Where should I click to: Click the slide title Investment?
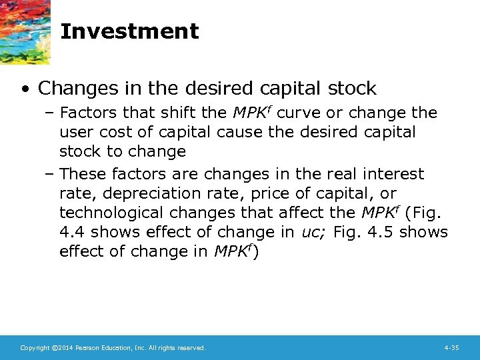[x=129, y=31]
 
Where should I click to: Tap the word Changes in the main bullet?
[x=73, y=88]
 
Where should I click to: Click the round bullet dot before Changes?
[x=24, y=89]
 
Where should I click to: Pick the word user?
[x=75, y=132]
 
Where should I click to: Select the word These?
[x=83, y=174]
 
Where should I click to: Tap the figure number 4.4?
[x=72, y=232]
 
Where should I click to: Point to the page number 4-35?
[x=451, y=348]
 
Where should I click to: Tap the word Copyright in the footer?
[x=35, y=348]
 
